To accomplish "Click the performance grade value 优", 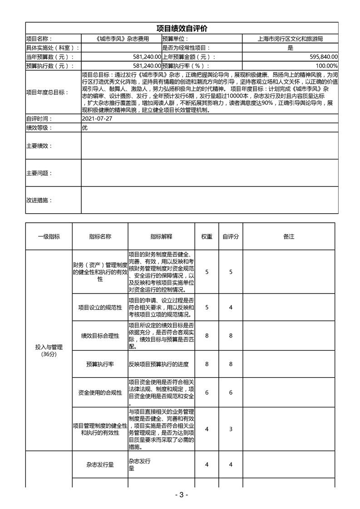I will (x=84, y=128).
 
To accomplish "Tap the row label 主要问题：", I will (x=39, y=173).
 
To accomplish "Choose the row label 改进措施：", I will (x=39, y=200).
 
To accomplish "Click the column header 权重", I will (x=207, y=237).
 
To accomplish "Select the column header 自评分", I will (x=231, y=237).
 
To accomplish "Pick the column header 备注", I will (x=289, y=237).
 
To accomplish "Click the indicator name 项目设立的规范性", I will (x=100, y=308).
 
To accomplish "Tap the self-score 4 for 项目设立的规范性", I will (x=231, y=308).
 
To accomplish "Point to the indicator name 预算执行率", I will (x=100, y=364).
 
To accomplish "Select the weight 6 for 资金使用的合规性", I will (x=207, y=392).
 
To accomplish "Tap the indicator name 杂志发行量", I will (x=100, y=465).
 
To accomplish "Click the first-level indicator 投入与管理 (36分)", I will (x=49, y=350).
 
